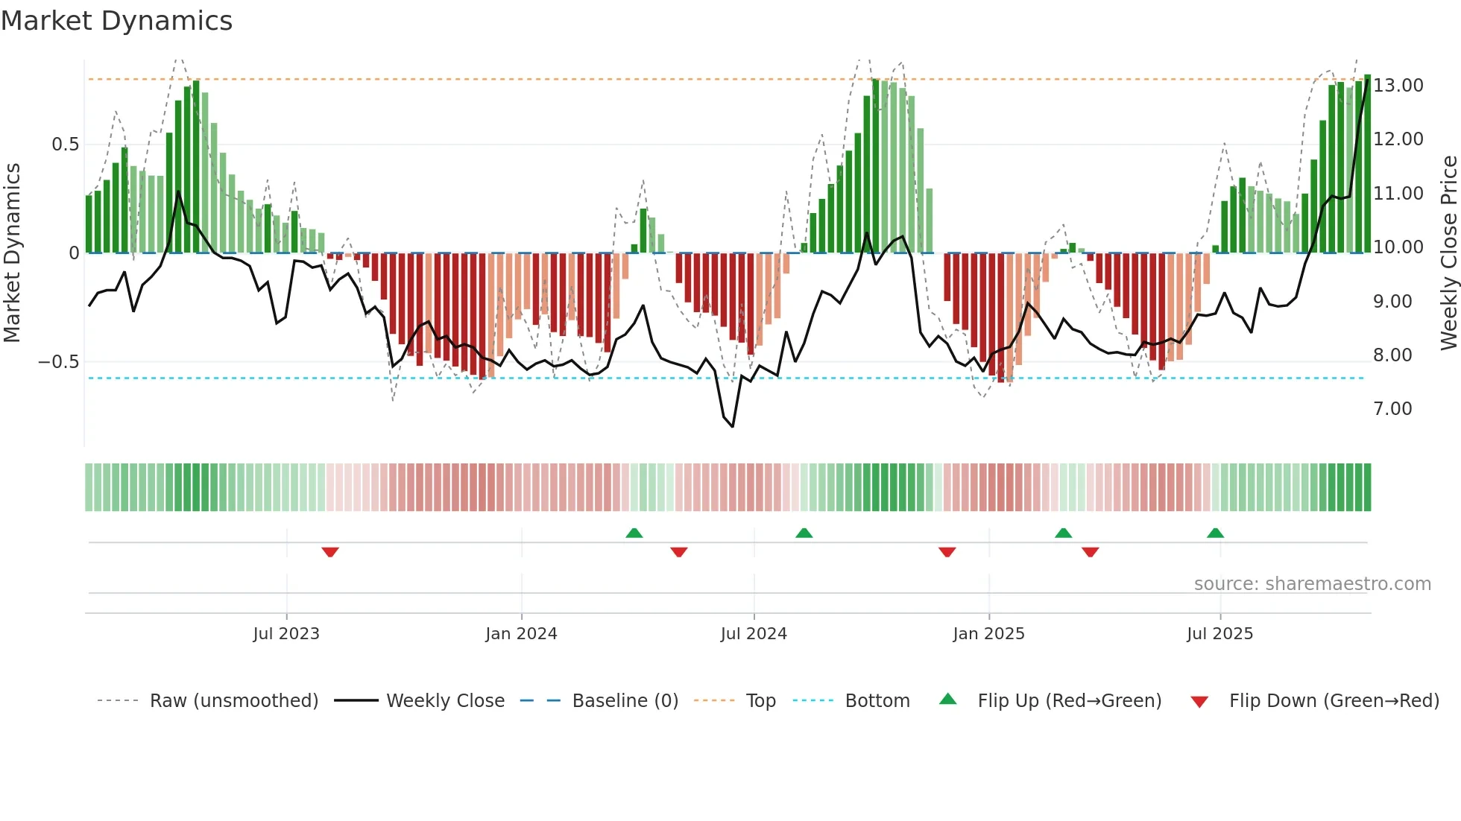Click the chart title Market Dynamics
pyautogui.click(x=116, y=21)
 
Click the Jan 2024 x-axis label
pyautogui.click(x=521, y=634)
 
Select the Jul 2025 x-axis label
pyautogui.click(x=1219, y=634)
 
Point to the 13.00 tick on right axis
pyautogui.click(x=1398, y=86)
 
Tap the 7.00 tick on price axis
pyautogui.click(x=1392, y=409)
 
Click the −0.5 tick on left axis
pyautogui.click(x=58, y=362)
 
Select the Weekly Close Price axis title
pyautogui.click(x=1448, y=253)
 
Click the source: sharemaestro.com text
pyautogui.click(x=1312, y=584)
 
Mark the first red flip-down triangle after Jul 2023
pyautogui.click(x=330, y=552)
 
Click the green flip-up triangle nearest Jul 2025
pyautogui.click(x=1215, y=533)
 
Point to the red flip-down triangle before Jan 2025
pyautogui.click(x=947, y=552)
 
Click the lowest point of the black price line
pyautogui.click(x=733, y=427)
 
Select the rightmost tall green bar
pyautogui.click(x=1367, y=164)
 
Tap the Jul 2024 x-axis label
pyautogui.click(x=754, y=634)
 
